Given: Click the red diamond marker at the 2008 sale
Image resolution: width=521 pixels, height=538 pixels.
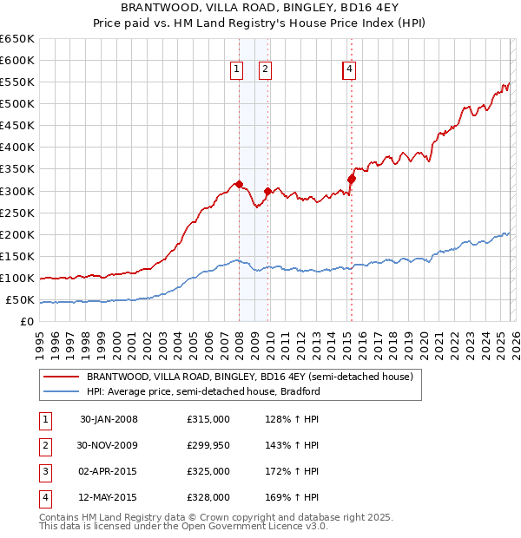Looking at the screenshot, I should point(239,184).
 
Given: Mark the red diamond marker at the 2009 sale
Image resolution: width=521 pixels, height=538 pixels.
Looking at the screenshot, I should point(267,191).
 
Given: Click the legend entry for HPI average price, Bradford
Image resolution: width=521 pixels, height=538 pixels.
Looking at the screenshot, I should point(203,391).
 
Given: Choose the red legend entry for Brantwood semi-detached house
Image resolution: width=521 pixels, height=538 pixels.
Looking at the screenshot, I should point(254,377).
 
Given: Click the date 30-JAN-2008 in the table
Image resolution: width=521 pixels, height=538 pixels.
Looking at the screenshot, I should point(109,420).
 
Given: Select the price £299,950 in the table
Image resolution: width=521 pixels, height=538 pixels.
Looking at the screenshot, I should point(208,445).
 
